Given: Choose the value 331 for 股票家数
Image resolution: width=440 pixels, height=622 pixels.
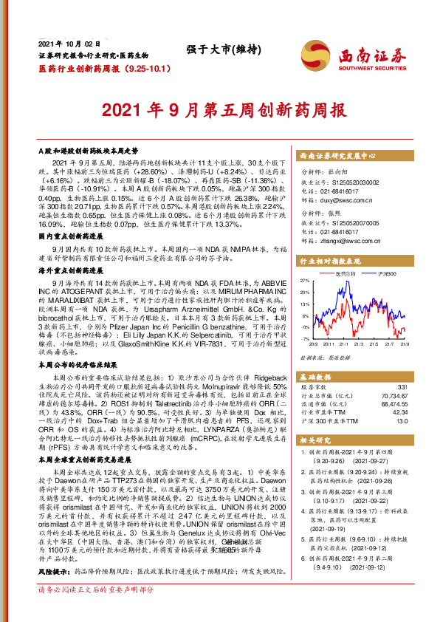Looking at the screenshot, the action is click(x=402, y=386).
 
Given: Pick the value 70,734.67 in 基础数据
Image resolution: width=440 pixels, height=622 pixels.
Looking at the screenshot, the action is click(x=393, y=395).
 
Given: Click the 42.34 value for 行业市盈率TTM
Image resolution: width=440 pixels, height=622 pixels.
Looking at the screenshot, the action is click(x=399, y=412).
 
